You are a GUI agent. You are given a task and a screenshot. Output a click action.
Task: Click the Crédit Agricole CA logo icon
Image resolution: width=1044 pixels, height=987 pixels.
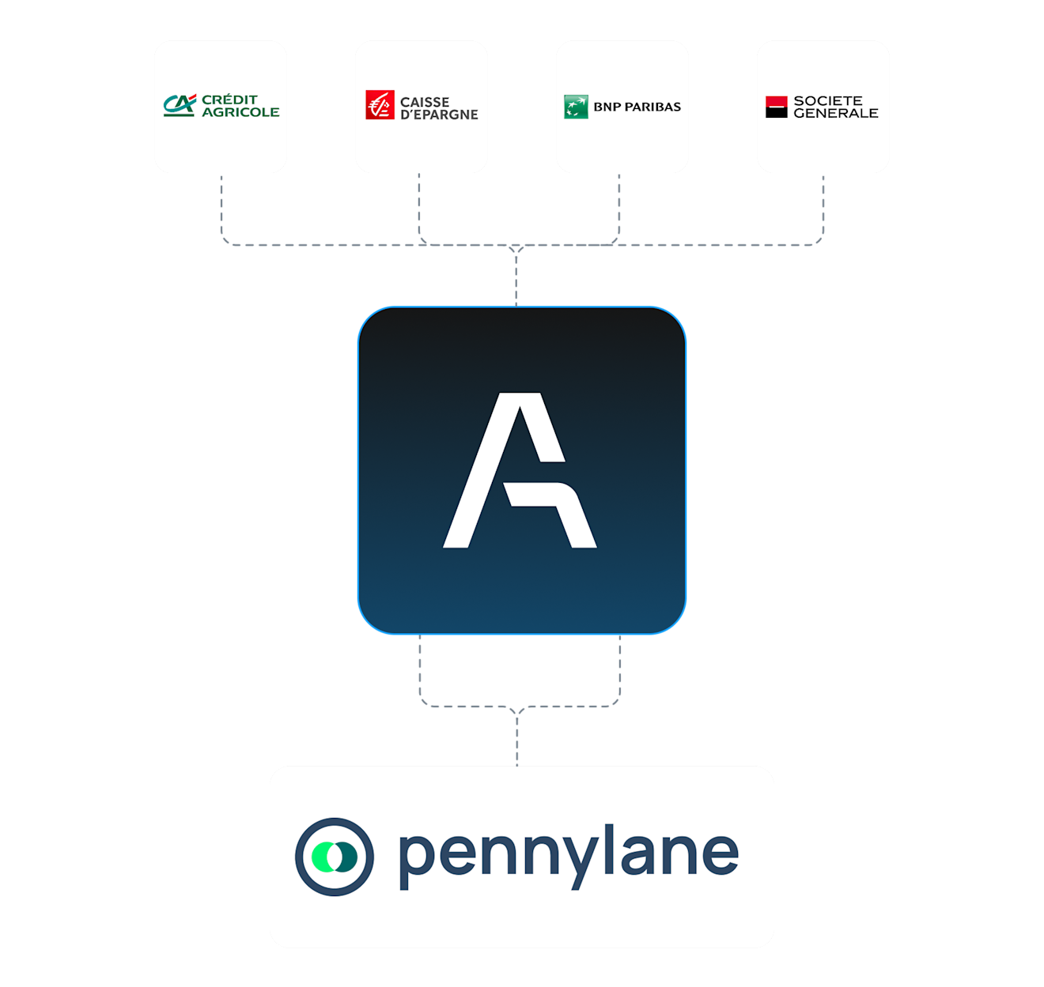click(x=180, y=105)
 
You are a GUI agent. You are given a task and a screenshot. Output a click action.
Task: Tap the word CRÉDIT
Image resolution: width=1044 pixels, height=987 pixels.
click(x=229, y=100)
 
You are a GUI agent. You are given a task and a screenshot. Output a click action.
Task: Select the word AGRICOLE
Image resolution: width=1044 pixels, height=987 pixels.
click(x=240, y=112)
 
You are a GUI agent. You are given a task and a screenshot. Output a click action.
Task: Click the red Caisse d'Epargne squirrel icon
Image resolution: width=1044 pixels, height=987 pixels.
click(x=380, y=104)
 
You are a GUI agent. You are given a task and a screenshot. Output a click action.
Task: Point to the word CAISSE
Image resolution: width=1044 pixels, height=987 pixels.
click(x=424, y=101)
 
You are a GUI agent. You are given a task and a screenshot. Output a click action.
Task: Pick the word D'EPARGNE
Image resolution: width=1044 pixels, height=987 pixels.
click(x=439, y=114)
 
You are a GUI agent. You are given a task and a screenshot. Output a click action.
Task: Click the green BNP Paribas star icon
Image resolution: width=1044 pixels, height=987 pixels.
click(x=576, y=107)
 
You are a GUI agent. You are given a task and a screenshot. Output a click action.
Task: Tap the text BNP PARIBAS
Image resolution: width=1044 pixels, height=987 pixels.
click(x=637, y=107)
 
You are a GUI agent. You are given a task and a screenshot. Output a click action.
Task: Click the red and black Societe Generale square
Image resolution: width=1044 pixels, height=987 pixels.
click(x=776, y=107)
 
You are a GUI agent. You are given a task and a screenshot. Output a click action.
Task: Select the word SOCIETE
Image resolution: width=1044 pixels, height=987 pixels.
click(x=827, y=100)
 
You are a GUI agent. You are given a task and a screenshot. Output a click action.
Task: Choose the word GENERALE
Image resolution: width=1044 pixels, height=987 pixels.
click(x=835, y=113)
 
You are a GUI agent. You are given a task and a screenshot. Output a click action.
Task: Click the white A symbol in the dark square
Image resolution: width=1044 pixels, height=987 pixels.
click(x=520, y=469)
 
